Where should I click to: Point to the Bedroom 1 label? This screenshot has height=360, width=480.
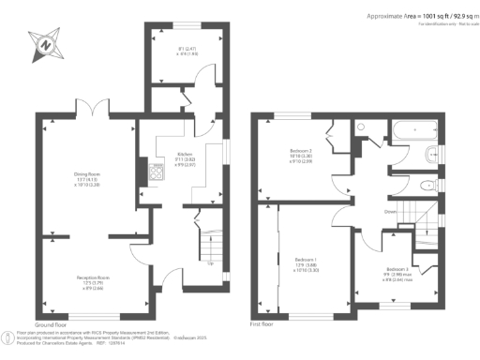pyautogui.click(x=306, y=262)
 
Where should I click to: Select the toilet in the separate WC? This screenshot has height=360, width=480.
pyautogui.click(x=426, y=185)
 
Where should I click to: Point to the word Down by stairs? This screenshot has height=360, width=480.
pyautogui.click(x=391, y=212)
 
